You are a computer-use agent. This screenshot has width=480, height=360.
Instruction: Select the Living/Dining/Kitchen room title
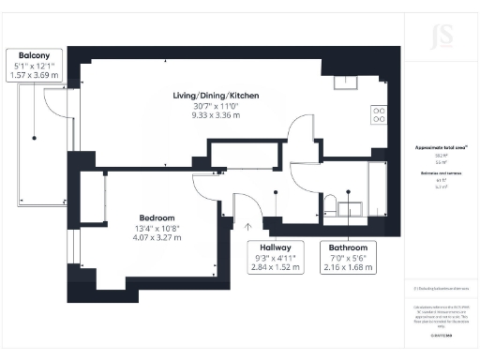click(215, 96)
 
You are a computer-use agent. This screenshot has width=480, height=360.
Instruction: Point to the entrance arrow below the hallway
click(249, 225)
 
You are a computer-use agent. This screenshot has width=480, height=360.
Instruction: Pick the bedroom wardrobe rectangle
click(95, 202)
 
